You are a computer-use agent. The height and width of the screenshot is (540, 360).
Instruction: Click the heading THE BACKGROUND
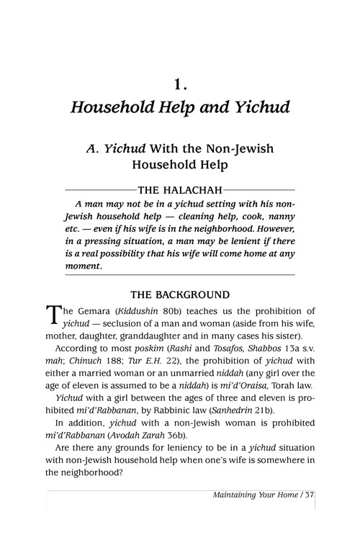click(180, 294)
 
